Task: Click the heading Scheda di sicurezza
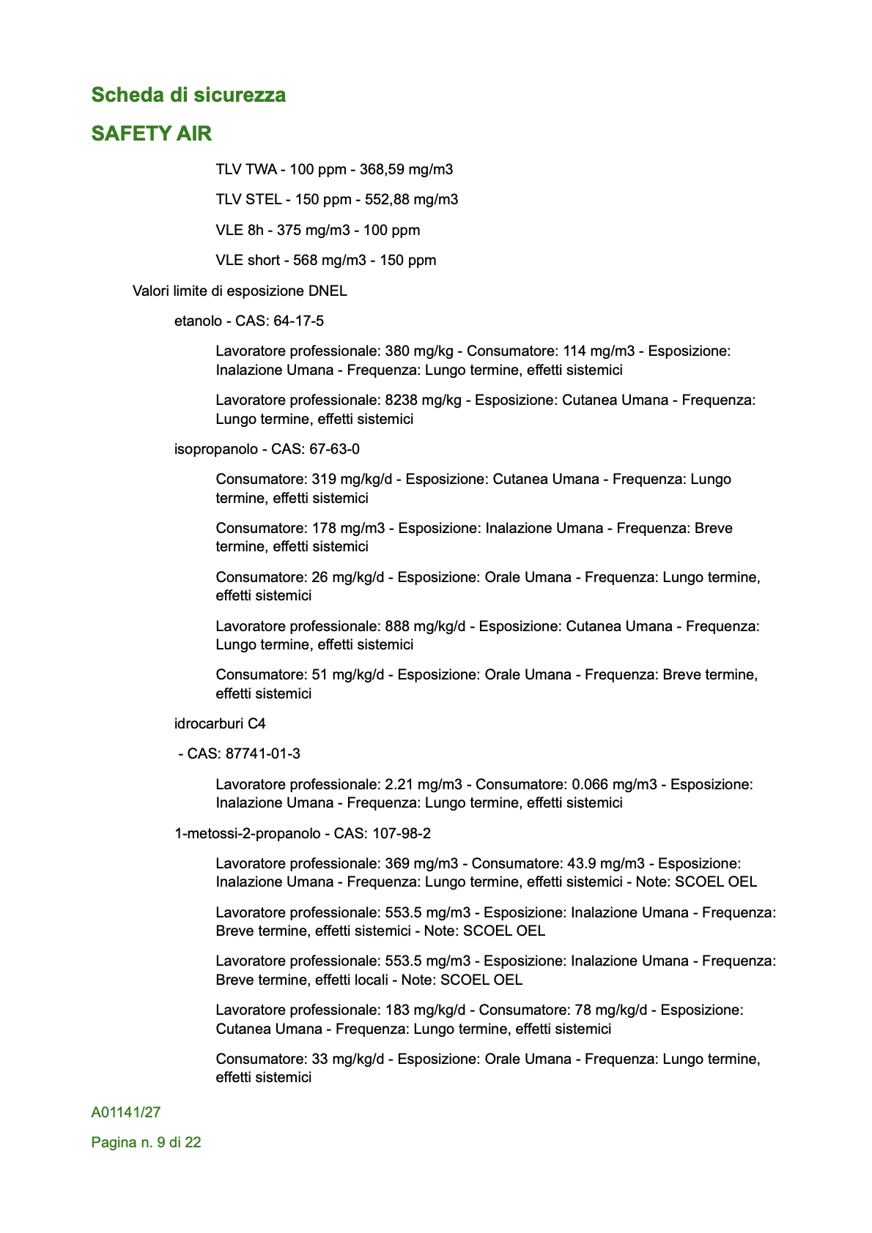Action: point(188,95)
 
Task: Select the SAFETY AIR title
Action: point(151,133)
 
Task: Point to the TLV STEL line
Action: point(336,200)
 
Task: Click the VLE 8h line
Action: point(317,231)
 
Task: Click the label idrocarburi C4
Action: point(220,724)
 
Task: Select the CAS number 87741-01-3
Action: point(262,754)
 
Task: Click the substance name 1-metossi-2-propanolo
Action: point(247,834)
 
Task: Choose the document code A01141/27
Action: point(126,1113)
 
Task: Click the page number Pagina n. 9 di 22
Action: point(146,1143)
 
